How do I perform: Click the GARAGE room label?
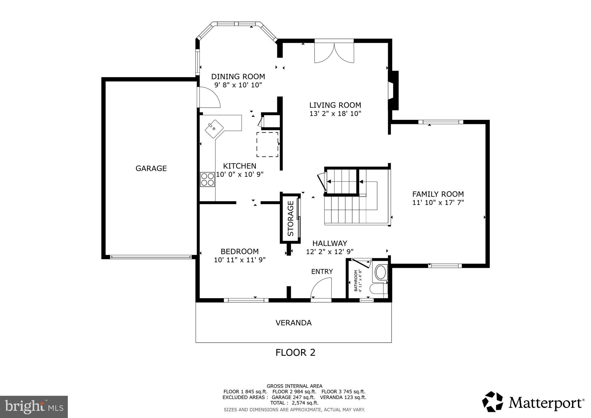(151, 168)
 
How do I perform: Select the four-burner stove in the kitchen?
(207, 179)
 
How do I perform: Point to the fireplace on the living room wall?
(394, 90)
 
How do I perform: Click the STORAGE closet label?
(291, 218)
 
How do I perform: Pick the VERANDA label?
(293, 323)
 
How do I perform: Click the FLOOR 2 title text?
(295, 352)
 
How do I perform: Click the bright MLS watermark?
(34, 407)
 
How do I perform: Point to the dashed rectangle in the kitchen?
(267, 145)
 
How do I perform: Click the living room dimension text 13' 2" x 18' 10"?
(335, 113)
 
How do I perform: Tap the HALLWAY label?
(330, 243)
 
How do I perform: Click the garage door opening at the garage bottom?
(151, 257)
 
